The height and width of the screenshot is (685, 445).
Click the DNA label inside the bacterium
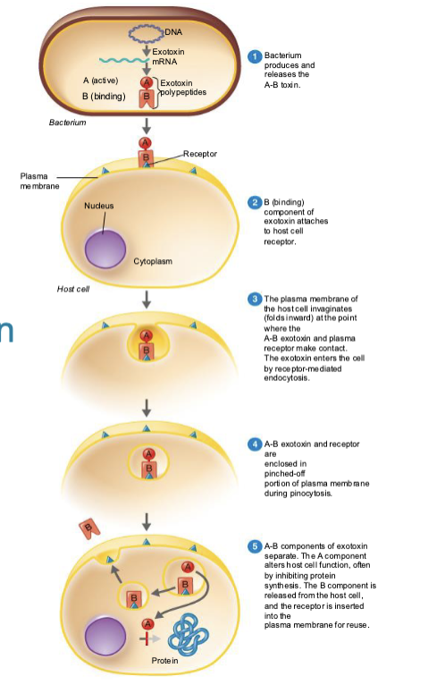click(x=173, y=32)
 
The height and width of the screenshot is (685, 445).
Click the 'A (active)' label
click(x=101, y=81)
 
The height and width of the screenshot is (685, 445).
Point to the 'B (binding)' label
click(x=103, y=95)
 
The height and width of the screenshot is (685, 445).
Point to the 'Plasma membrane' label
click(x=40, y=180)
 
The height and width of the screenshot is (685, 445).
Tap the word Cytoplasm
click(x=153, y=262)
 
